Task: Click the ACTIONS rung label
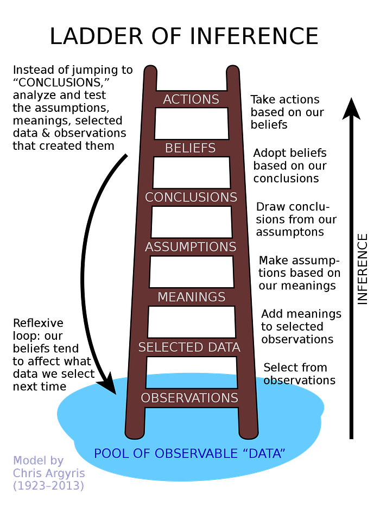191,99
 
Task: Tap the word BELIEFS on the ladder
191,148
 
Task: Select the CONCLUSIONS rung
191,197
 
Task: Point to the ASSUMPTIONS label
191,247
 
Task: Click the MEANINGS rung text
191,297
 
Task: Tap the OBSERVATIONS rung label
189,398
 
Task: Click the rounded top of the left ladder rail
151,71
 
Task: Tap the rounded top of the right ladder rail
233,71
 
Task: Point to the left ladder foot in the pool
135,433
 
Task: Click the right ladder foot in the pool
249,433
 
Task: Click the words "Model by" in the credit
38,460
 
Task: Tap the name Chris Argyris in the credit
48,473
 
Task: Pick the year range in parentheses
48,485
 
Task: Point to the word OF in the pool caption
141,453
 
